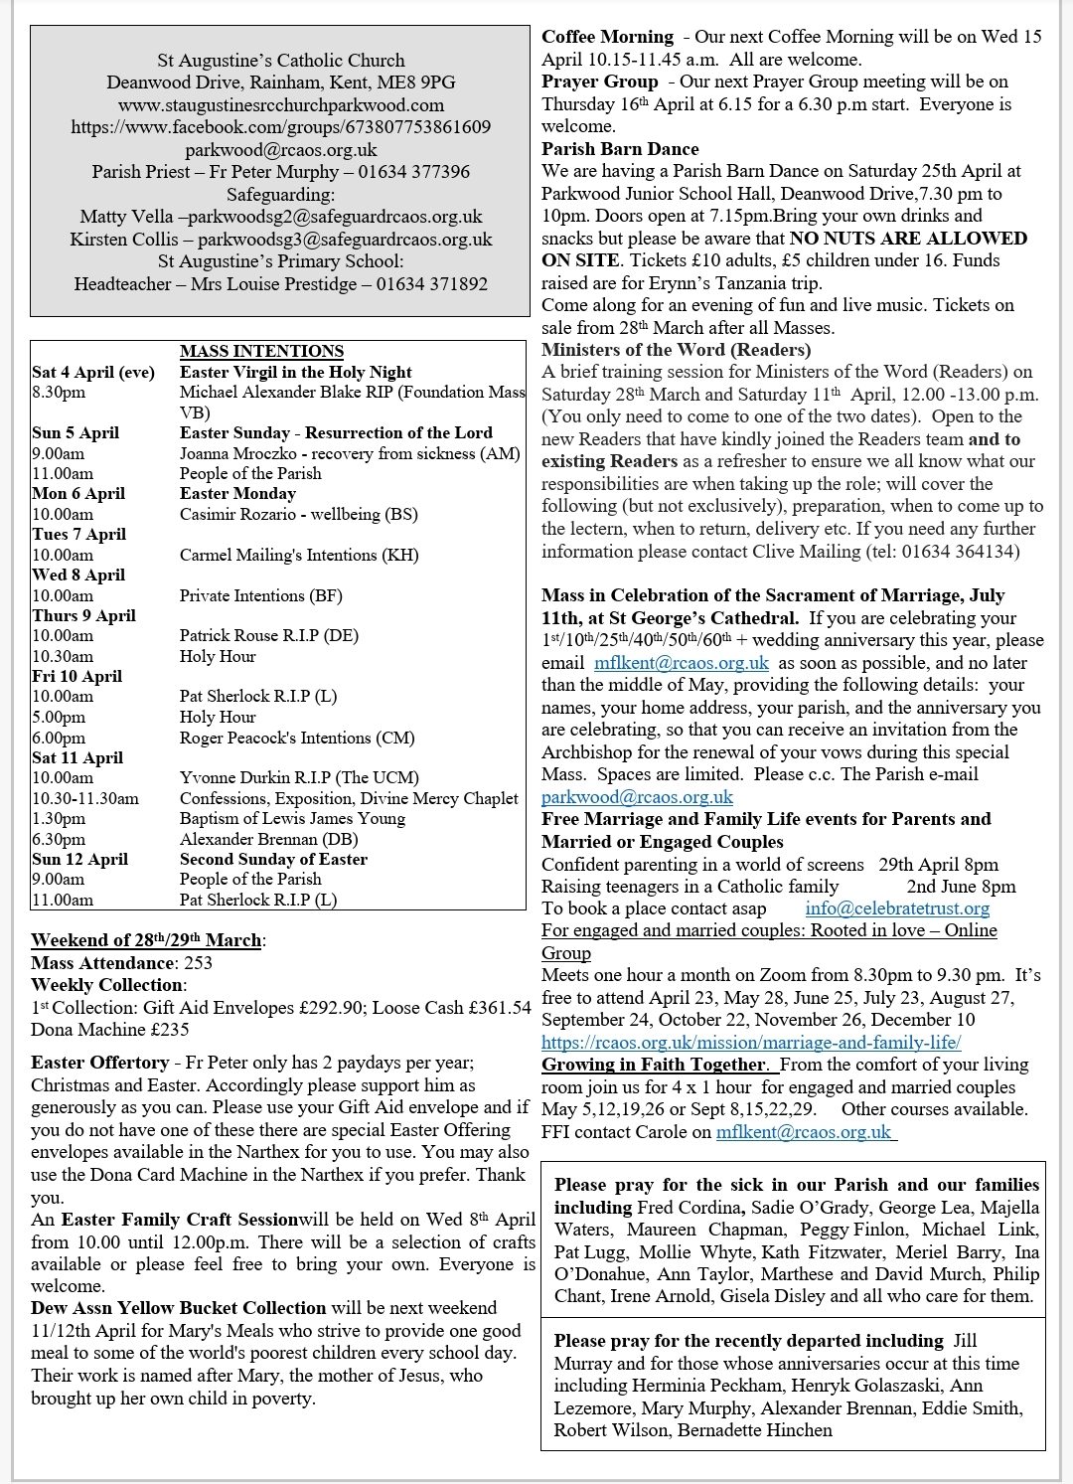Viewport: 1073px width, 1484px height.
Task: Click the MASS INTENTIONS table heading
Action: tap(261, 351)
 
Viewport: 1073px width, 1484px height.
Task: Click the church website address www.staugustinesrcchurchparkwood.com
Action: tap(281, 104)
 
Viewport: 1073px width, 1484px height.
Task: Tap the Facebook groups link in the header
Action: tap(281, 127)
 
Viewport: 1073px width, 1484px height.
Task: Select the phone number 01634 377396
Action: tap(415, 172)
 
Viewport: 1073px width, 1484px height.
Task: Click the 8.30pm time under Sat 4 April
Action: tap(60, 393)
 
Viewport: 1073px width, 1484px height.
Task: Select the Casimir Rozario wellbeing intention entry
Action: tap(298, 514)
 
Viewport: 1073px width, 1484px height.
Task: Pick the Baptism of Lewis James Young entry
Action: tap(292, 818)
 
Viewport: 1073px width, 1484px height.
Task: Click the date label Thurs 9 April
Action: tap(84, 615)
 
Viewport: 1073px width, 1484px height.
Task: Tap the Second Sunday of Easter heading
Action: tap(273, 859)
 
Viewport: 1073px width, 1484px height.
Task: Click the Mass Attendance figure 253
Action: tap(198, 962)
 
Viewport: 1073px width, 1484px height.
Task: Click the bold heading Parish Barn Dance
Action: tap(620, 149)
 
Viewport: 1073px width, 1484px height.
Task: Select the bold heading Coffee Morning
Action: tap(607, 37)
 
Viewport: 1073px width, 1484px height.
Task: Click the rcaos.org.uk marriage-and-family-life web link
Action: tap(751, 1042)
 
